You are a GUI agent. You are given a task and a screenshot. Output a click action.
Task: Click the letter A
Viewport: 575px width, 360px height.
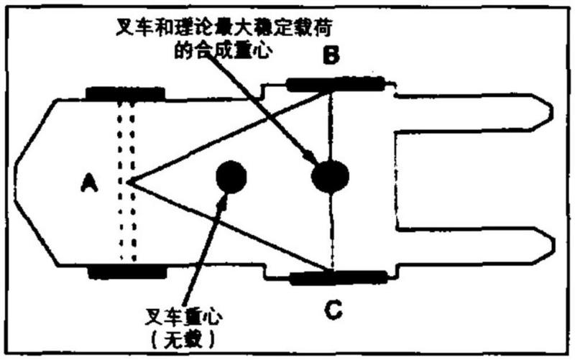(x=88, y=185)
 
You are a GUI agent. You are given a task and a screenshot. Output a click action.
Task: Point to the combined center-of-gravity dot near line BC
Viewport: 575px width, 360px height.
(x=330, y=175)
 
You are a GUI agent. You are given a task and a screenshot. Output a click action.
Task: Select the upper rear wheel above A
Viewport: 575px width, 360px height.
(x=125, y=93)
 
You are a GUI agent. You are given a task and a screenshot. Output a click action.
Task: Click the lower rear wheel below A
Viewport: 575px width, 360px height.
(x=125, y=272)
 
